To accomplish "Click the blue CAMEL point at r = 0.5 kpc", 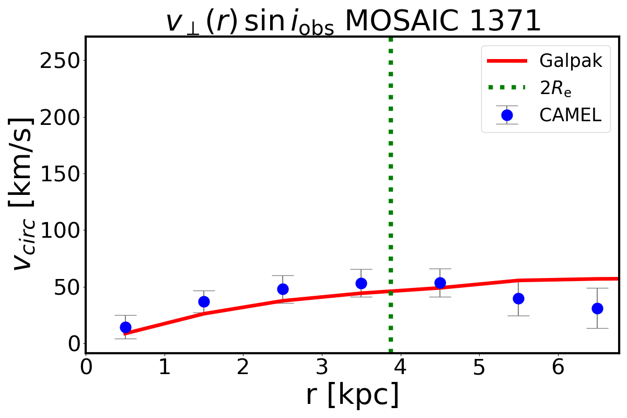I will pos(125,327).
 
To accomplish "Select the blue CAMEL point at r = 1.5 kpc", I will pos(204,301).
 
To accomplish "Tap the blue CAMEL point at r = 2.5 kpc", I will pos(283,289).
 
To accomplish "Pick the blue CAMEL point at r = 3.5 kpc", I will pos(361,283).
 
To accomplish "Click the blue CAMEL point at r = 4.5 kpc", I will pos(440,283).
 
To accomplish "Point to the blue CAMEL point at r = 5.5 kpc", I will pos(518,298).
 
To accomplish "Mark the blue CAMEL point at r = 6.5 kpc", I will pos(597,308).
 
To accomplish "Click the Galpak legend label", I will pos(571,61).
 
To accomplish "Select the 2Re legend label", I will pos(555,88).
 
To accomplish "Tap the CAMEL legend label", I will pos(571,115).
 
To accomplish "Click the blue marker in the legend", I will pos(506,115).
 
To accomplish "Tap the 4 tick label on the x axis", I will pos(400,367).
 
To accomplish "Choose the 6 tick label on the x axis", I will pos(558,367).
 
